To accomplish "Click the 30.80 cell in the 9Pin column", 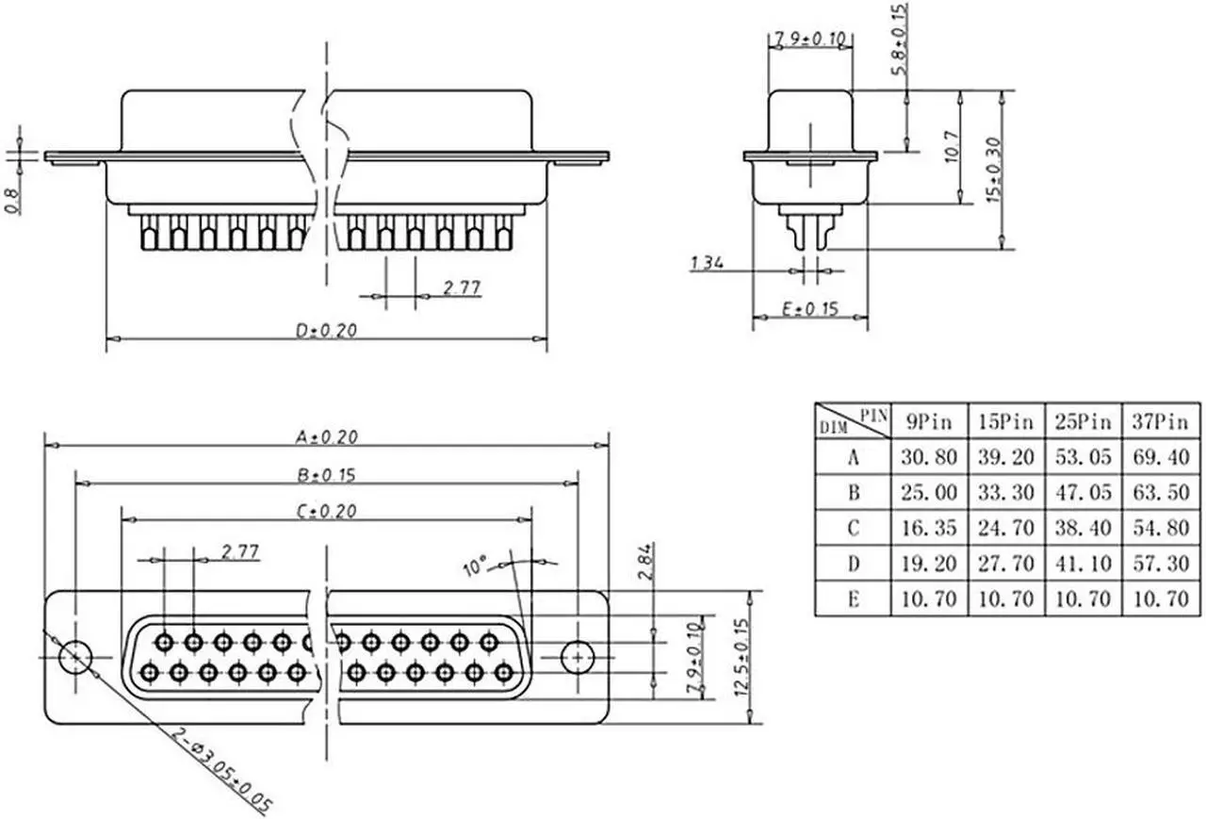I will (929, 457).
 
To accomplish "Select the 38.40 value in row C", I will (1083, 528).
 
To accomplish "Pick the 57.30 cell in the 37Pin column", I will (1161, 564).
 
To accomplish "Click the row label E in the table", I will (854, 598).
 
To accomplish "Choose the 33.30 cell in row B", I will (1006, 492).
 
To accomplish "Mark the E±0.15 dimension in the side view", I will (810, 308).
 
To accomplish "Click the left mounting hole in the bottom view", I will (75, 656).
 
